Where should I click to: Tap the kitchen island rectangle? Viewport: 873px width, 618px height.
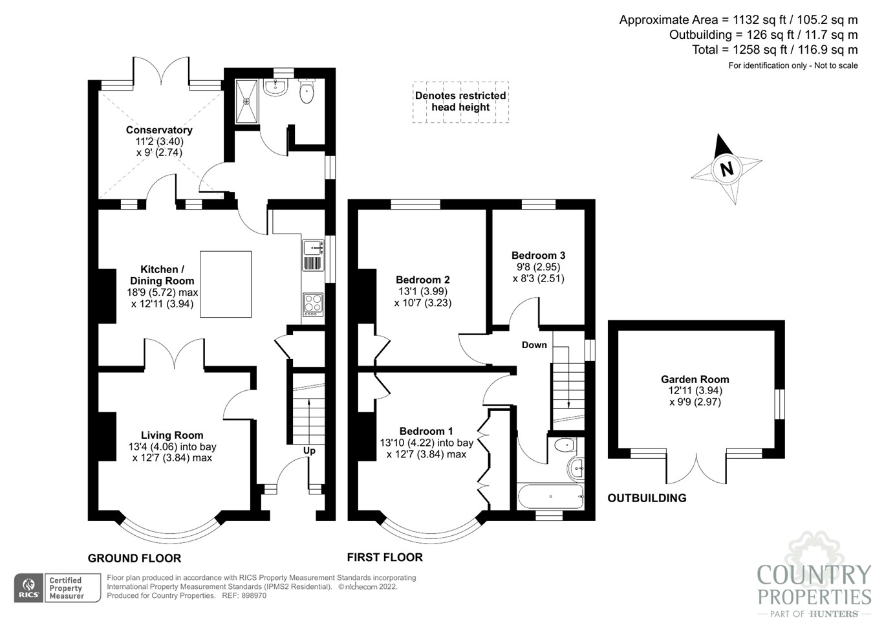coord(226,284)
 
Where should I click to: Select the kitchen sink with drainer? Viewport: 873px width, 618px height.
coord(313,255)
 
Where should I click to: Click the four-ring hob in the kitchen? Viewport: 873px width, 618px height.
coord(313,305)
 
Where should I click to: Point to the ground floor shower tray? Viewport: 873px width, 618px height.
coord(246,102)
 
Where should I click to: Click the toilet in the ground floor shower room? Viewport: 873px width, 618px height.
coord(307,91)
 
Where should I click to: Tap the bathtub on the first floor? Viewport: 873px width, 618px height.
coord(551,496)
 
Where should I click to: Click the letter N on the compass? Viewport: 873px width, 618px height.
coord(726,169)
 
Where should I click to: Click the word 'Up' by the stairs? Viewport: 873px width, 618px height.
coord(309,451)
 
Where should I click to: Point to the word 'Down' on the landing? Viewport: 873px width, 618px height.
coord(534,345)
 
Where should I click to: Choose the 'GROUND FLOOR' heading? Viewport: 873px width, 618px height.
coord(135,558)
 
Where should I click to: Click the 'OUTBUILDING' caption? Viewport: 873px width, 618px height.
coord(647,498)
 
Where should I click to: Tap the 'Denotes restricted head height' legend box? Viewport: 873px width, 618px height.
coord(460,102)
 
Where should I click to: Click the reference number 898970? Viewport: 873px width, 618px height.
coord(253,596)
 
